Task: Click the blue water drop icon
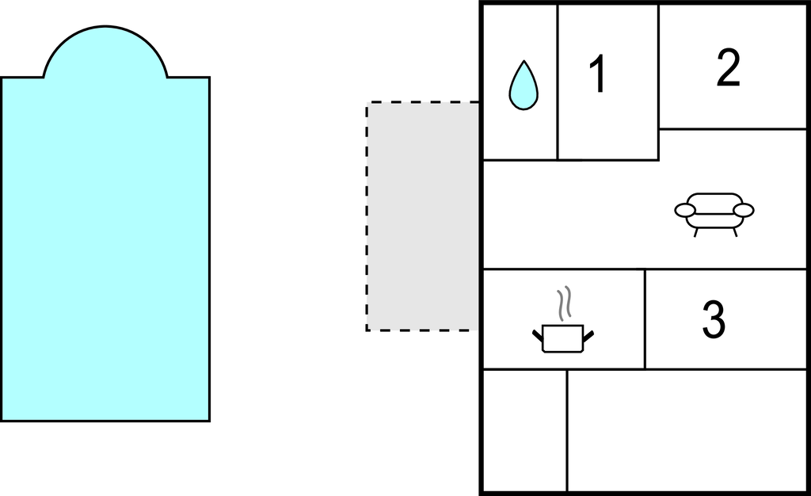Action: pyautogui.click(x=521, y=86)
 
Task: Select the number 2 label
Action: pyautogui.click(x=728, y=69)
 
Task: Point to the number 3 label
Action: pyautogui.click(x=714, y=319)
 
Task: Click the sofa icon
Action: pyautogui.click(x=714, y=212)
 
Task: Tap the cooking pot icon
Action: pyautogui.click(x=562, y=338)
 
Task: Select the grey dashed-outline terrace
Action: pyautogui.click(x=423, y=216)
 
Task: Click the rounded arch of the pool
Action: pyautogui.click(x=105, y=52)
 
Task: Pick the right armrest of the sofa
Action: pyautogui.click(x=744, y=210)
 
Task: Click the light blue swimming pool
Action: pyautogui.click(x=105, y=246)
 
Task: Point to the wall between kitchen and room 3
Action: pyautogui.click(x=645, y=319)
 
